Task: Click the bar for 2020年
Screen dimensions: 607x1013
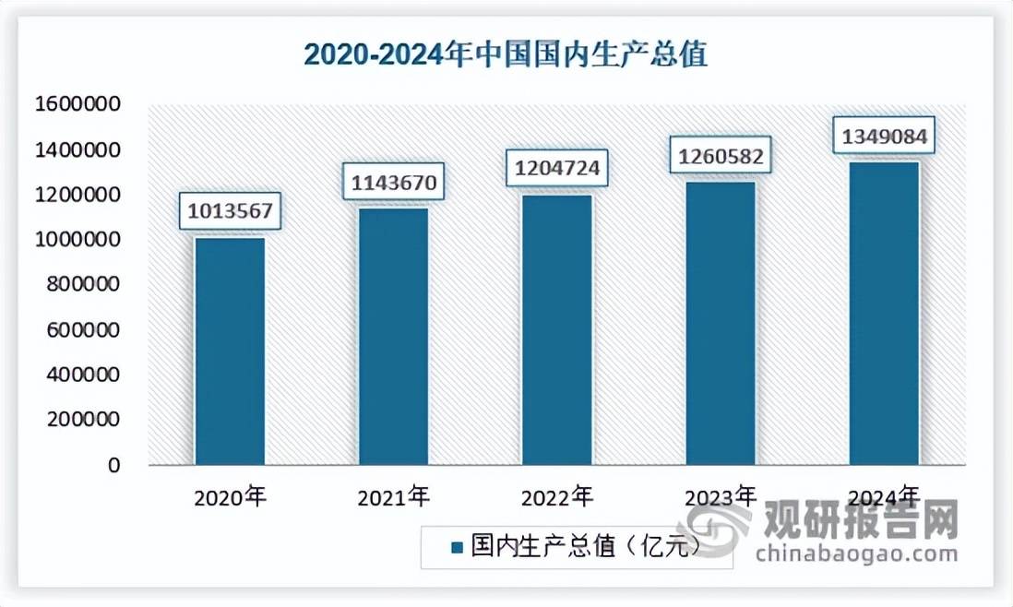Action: point(230,351)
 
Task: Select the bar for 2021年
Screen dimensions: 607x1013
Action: point(394,337)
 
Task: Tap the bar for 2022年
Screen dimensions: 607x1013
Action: point(557,329)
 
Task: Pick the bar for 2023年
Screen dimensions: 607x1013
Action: point(721,323)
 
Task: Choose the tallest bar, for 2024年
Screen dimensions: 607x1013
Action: point(884,314)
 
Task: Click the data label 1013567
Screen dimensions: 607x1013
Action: point(230,210)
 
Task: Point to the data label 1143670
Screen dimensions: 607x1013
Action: point(394,181)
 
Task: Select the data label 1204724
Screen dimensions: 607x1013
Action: point(557,169)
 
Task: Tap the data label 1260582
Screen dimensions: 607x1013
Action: point(721,156)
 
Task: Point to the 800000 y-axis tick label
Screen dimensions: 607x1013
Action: point(81,285)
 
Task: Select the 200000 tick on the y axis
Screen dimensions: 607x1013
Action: point(81,421)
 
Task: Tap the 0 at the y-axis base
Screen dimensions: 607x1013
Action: point(113,466)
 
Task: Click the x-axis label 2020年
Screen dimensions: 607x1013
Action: point(230,498)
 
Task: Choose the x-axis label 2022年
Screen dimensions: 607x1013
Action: point(557,498)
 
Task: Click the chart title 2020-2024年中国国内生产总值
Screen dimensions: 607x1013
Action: point(506,54)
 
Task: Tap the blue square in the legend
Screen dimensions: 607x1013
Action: point(456,548)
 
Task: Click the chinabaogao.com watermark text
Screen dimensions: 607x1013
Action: point(856,554)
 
